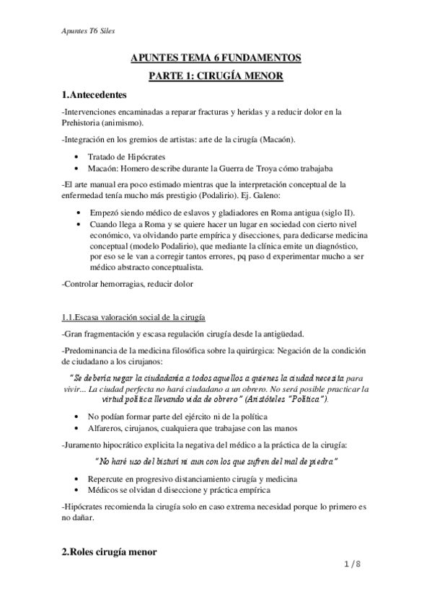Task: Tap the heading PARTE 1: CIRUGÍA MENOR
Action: pos(216,76)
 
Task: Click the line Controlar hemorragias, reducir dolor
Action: pos(128,285)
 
